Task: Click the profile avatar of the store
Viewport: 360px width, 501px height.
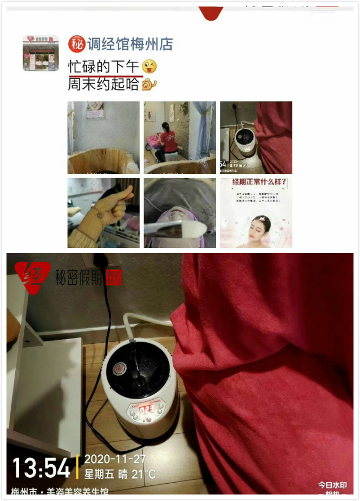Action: tap(41, 53)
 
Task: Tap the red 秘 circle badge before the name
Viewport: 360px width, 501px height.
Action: tap(76, 44)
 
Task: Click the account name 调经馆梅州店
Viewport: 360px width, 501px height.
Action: tap(130, 44)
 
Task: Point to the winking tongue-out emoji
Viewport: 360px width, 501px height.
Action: tap(149, 67)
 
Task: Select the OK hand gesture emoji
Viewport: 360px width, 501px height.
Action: tap(149, 84)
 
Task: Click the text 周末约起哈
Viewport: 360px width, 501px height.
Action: tap(103, 84)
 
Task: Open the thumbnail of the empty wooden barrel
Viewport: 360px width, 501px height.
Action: tap(103, 138)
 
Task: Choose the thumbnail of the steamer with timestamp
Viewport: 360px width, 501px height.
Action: tap(256, 138)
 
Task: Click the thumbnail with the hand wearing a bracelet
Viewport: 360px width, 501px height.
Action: tap(103, 213)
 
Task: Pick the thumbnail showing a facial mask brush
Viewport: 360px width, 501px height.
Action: tap(180, 213)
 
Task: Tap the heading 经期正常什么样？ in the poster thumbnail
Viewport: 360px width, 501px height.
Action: tap(256, 184)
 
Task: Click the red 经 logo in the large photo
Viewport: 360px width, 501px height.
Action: tap(32, 277)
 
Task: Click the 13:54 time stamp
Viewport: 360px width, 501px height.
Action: tap(41, 468)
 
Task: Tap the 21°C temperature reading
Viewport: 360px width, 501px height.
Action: tap(144, 474)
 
